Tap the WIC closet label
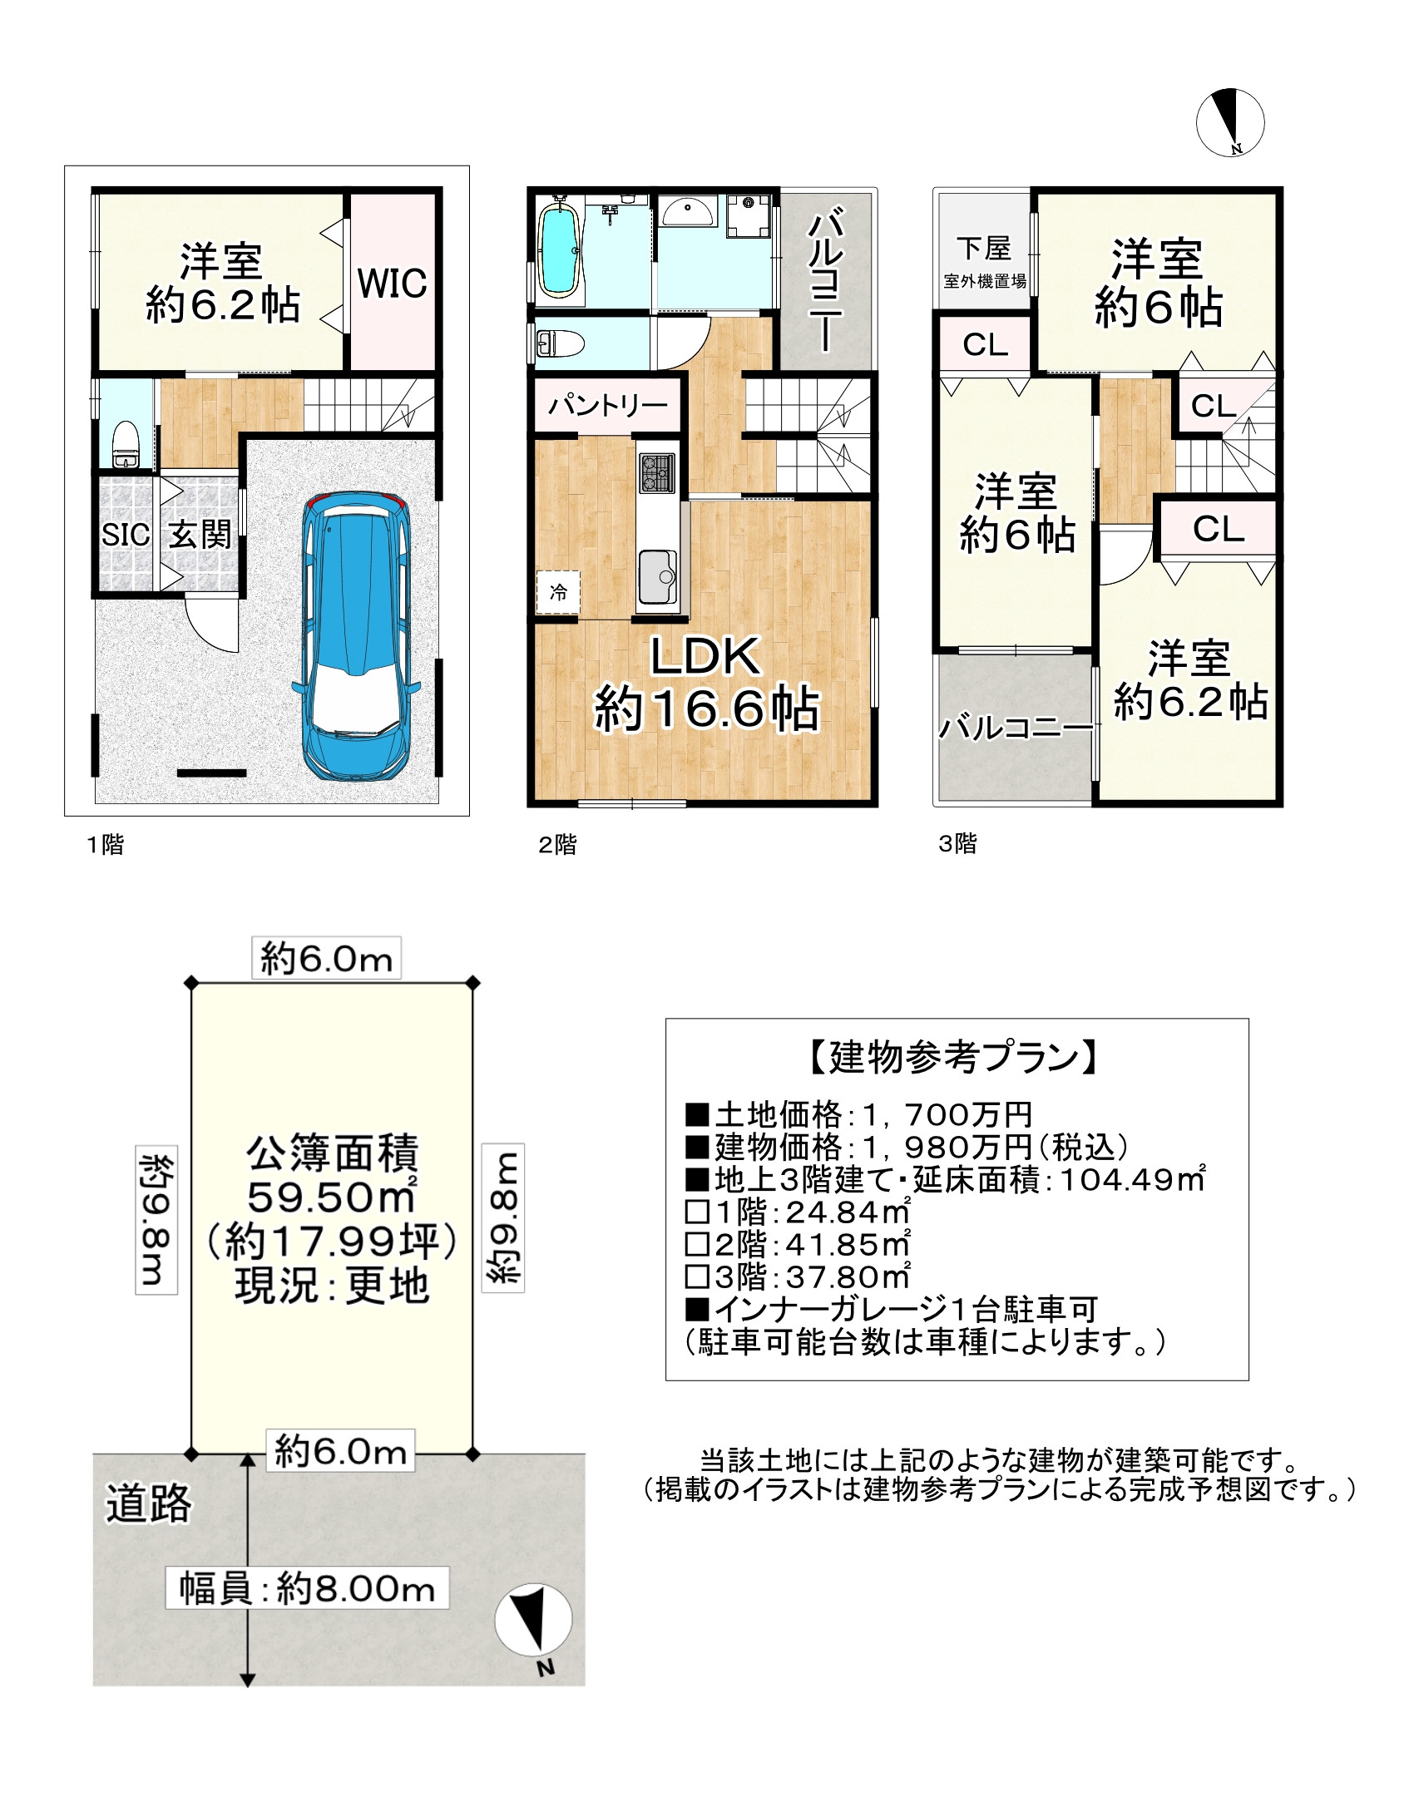pyautogui.click(x=392, y=284)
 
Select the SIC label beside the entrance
pyautogui.click(x=125, y=535)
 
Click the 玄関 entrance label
pyautogui.click(x=200, y=535)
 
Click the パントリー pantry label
pyautogui.click(x=607, y=406)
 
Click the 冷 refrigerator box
pyautogui.click(x=558, y=592)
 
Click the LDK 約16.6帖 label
pyautogui.click(x=705, y=684)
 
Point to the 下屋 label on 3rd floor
pyautogui.click(x=983, y=248)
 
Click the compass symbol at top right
pyautogui.click(x=1230, y=122)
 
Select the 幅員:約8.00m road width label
pyautogui.click(x=307, y=1589)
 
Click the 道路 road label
pyautogui.click(x=148, y=1502)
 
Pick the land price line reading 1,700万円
pyautogui.click(x=858, y=1114)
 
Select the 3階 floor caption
pyautogui.click(x=957, y=843)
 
